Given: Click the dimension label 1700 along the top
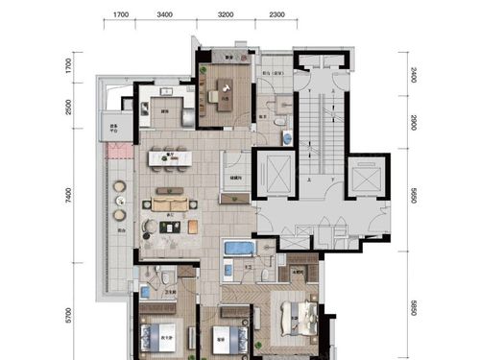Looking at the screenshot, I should [121, 15].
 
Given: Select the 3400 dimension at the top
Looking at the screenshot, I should [164, 15].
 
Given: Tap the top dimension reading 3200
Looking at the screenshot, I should [226, 15].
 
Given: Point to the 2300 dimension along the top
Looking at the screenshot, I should [276, 15].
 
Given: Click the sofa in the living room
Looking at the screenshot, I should [170, 204].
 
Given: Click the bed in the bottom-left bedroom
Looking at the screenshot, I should [159, 336].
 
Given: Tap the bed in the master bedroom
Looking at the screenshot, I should [299, 316].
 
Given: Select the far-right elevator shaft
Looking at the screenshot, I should [367, 179].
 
